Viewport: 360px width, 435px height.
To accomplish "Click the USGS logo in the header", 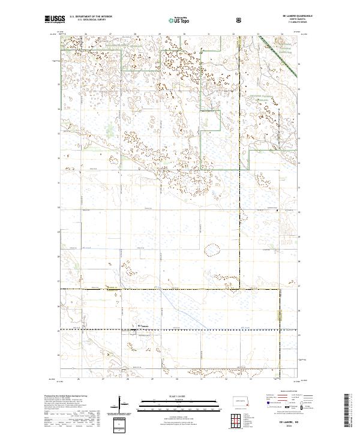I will tap(55, 20).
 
